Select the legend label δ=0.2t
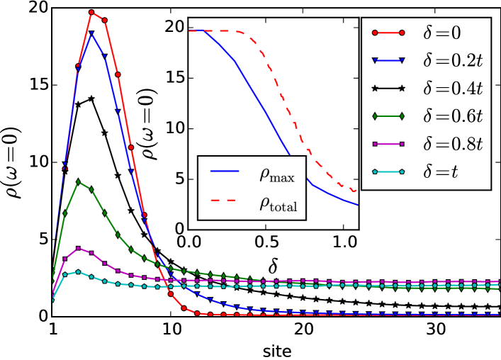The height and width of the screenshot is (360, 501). click(x=453, y=60)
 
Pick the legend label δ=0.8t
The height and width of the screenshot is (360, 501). click(x=453, y=144)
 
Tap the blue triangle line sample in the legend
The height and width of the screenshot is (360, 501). click(x=388, y=60)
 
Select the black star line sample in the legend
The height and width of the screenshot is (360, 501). click(x=388, y=88)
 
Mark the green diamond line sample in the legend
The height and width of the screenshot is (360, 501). click(x=388, y=116)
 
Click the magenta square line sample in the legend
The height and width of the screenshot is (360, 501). click(x=388, y=144)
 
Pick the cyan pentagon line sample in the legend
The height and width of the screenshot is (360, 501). click(x=388, y=171)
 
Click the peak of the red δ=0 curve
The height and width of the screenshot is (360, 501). click(x=91, y=12)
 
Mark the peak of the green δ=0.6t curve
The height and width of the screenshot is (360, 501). click(x=78, y=181)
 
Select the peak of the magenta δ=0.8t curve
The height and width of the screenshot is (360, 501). click(x=78, y=248)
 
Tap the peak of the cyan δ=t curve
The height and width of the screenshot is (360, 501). click(x=78, y=271)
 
